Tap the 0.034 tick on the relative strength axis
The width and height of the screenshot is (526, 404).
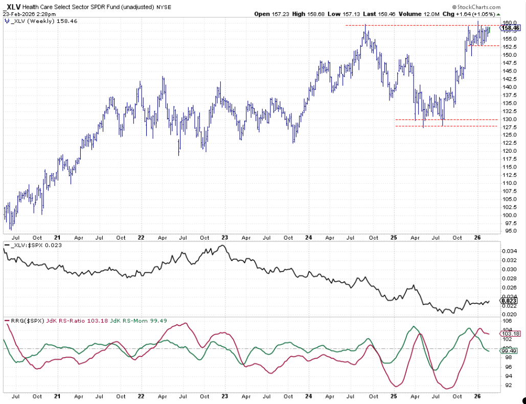[509, 251]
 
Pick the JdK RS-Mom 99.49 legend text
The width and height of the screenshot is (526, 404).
[135, 321]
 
